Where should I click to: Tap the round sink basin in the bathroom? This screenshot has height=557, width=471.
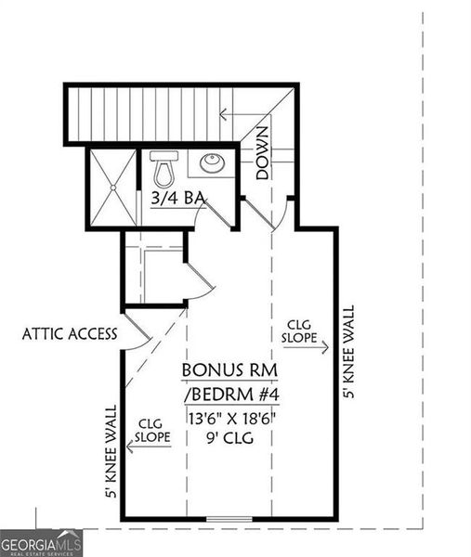pyautogui.click(x=212, y=163)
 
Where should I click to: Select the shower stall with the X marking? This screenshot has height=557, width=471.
pyautogui.click(x=112, y=187)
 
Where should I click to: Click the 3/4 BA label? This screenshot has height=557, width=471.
pyautogui.click(x=177, y=197)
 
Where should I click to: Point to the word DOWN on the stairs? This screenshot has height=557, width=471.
pyautogui.click(x=263, y=153)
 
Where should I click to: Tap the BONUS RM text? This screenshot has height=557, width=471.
pyautogui.click(x=230, y=369)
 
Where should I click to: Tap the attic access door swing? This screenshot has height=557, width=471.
pyautogui.click(x=137, y=331)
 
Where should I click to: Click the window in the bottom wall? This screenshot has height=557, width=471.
pyautogui.click(x=229, y=518)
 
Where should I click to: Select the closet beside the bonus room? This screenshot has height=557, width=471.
pyautogui.click(x=155, y=274)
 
